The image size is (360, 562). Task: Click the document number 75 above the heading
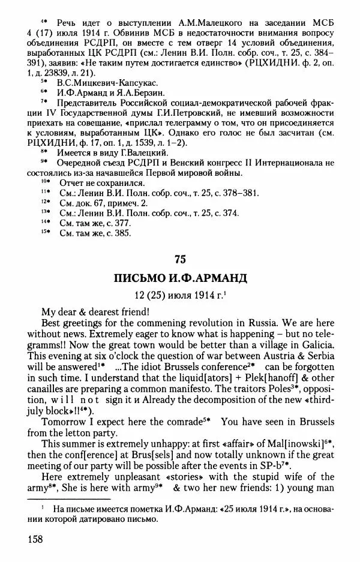point(180,259)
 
